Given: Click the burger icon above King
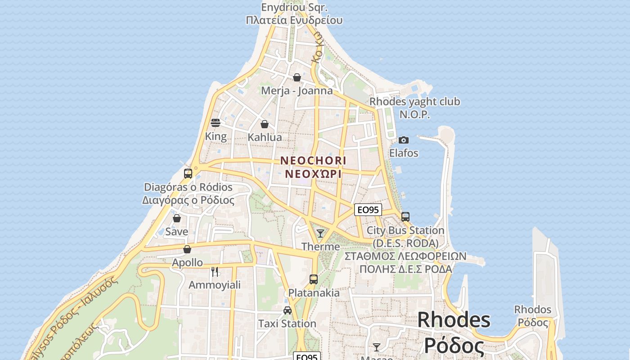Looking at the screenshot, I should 216,123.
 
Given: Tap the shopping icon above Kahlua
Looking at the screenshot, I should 265,124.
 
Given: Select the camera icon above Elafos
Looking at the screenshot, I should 404,140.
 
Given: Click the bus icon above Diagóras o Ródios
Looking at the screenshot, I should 188,173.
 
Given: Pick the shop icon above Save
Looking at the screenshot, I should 177,218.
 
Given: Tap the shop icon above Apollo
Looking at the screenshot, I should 187,249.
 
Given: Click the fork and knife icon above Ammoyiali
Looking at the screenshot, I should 215,271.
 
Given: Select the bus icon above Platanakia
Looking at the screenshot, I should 314,279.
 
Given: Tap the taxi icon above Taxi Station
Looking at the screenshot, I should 287,310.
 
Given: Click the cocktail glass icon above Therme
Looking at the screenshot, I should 320,233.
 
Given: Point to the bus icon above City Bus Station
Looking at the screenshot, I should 405,216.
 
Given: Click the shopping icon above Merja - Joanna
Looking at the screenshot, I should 297,77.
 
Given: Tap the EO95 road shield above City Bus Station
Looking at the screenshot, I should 368,210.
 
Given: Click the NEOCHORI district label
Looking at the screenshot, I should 313,161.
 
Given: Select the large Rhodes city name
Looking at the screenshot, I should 454,320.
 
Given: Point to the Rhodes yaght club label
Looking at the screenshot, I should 414,102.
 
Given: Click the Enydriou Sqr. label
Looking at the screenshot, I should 294,8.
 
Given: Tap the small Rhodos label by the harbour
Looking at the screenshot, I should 533,310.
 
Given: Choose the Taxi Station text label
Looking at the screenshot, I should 287,324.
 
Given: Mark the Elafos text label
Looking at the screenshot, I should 404,153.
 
